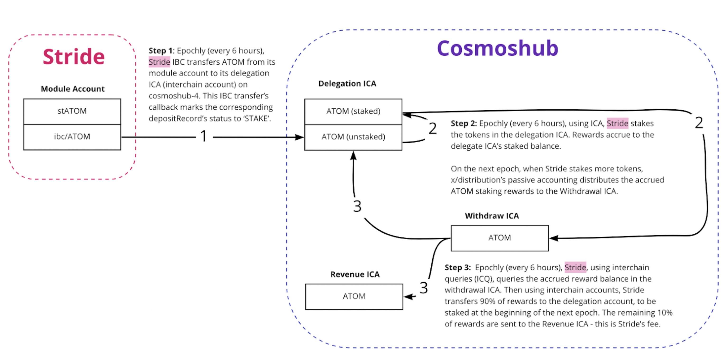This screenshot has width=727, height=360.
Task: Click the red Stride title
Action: [x=74, y=57]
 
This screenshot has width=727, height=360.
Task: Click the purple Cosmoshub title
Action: [x=497, y=48]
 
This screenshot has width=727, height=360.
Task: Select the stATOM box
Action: [x=72, y=111]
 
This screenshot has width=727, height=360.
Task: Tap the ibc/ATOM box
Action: [x=72, y=137]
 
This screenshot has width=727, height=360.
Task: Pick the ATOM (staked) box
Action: [x=353, y=111]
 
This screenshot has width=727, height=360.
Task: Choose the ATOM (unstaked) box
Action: [x=353, y=137]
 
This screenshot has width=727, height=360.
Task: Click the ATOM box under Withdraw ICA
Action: [x=499, y=238]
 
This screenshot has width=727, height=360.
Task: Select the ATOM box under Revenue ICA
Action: [x=354, y=296]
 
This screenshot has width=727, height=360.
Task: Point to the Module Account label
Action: [x=73, y=89]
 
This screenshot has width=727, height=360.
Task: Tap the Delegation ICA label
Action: [x=347, y=83]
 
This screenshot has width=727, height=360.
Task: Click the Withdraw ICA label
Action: [x=492, y=216]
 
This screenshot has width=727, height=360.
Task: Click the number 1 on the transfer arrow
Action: [x=204, y=136]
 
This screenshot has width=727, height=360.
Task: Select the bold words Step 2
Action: [x=463, y=124]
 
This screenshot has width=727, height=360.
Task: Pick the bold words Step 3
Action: [x=457, y=268]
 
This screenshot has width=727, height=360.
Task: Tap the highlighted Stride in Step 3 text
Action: [x=575, y=268]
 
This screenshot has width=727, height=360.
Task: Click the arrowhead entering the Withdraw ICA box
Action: [x=553, y=238]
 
